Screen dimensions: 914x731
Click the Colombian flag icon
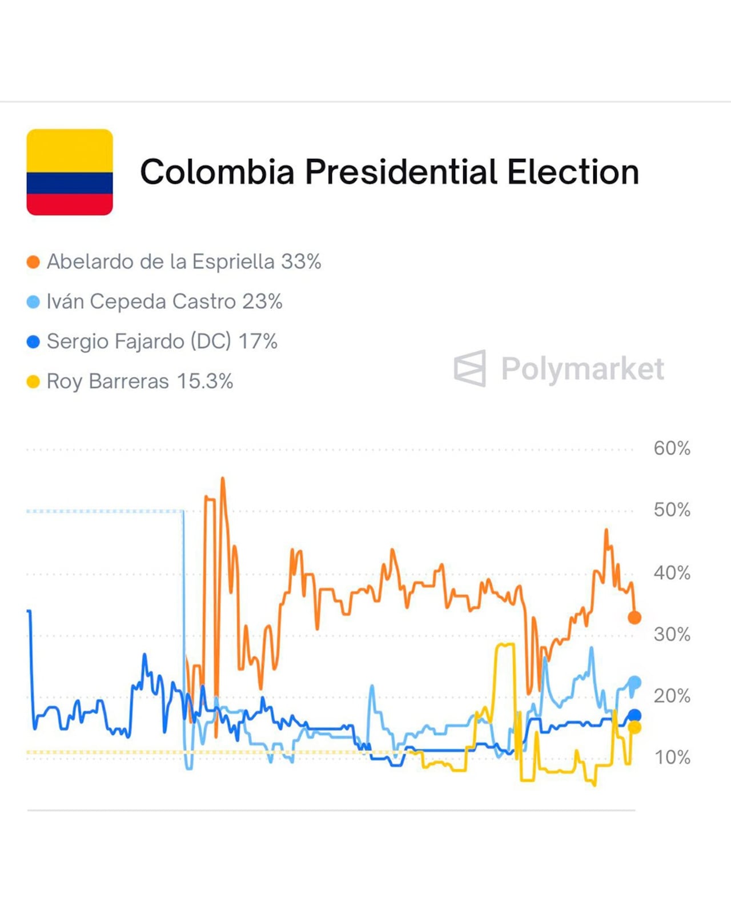[70, 172]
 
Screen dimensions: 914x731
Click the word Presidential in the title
[401, 172]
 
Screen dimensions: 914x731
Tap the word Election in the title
[573, 172]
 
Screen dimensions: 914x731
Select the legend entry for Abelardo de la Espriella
[183, 262]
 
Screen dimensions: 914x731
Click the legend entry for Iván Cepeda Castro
[164, 302]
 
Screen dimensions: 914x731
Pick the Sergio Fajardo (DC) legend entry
[162, 342]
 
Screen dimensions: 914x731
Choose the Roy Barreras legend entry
[139, 382]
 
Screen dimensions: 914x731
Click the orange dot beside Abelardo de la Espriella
[33, 262]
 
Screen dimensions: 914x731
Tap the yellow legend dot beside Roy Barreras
[33, 382]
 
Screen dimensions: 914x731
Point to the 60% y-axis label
[672, 448]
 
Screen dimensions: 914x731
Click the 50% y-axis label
[672, 510]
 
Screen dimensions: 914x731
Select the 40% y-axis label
[672, 572]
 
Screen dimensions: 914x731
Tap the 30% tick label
[672, 634]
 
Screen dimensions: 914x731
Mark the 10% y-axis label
[672, 757]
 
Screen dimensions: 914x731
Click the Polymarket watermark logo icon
[470, 368]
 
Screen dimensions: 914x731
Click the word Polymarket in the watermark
[583, 368]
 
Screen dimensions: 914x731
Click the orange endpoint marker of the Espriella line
[634, 618]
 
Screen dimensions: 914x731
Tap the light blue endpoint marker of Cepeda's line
[634, 682]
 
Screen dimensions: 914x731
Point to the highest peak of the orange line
[223, 479]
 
